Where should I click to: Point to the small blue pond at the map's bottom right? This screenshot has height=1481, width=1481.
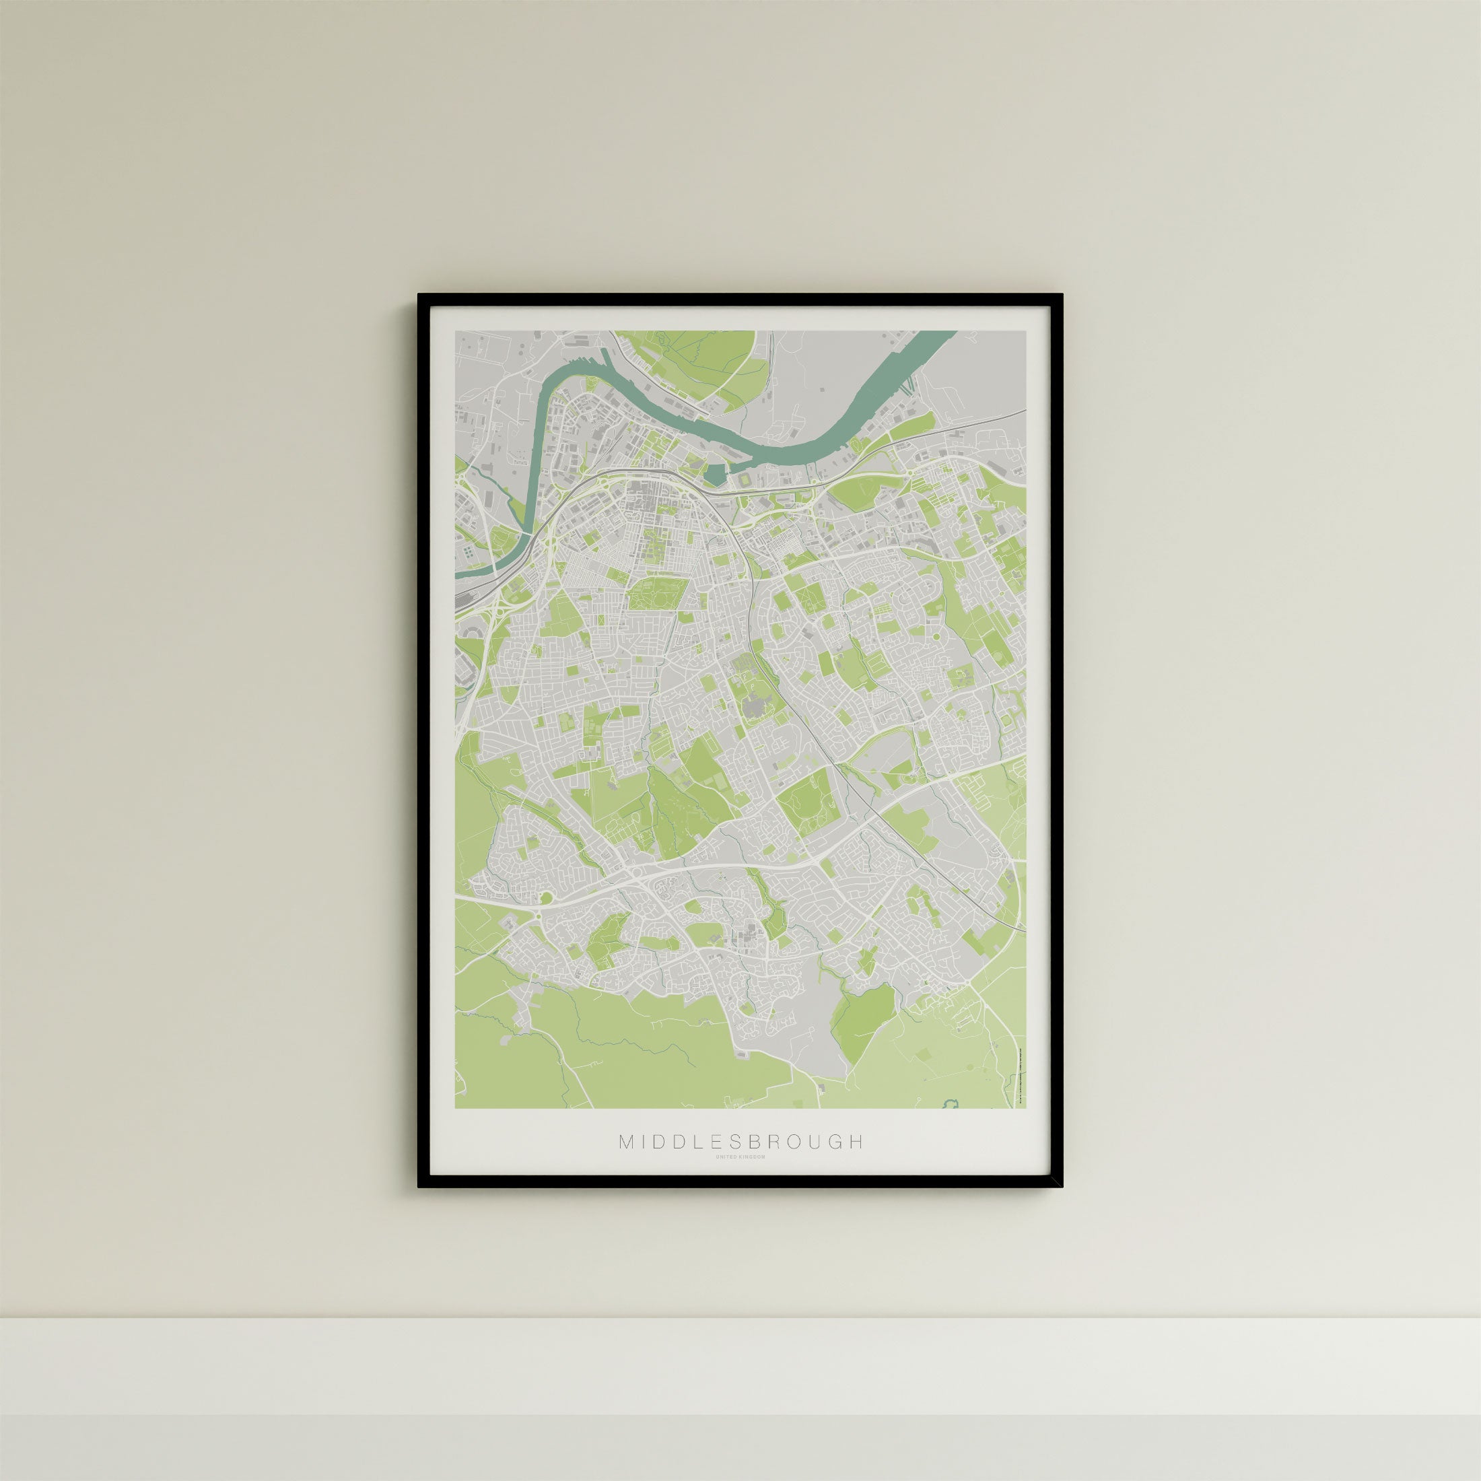[951, 1104]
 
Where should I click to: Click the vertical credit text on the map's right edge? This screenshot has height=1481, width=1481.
[1021, 1073]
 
